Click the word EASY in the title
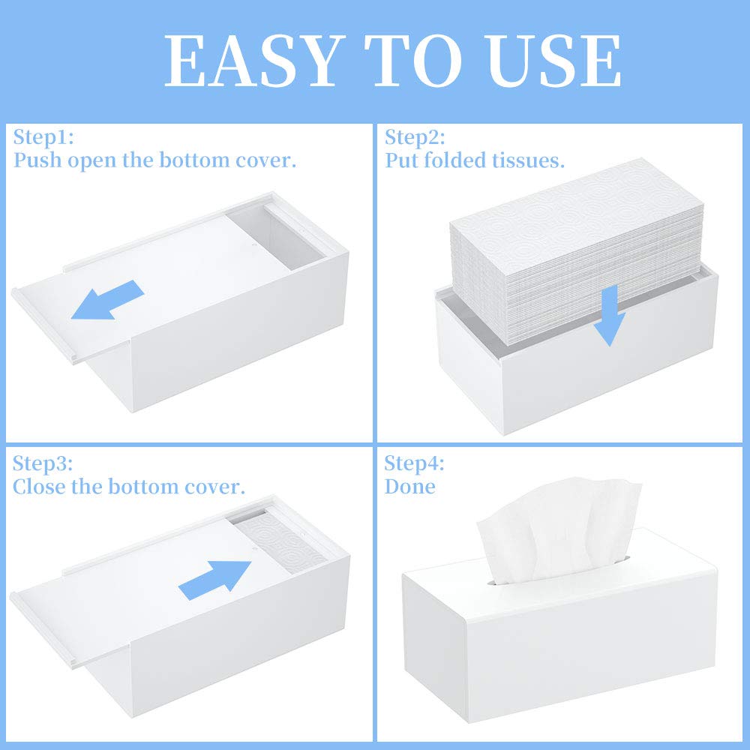coord(252,61)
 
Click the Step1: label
coord(44,137)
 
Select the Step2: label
coord(415,137)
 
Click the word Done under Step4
coord(410,486)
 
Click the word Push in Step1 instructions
coord(37,160)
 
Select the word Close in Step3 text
coord(40,486)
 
